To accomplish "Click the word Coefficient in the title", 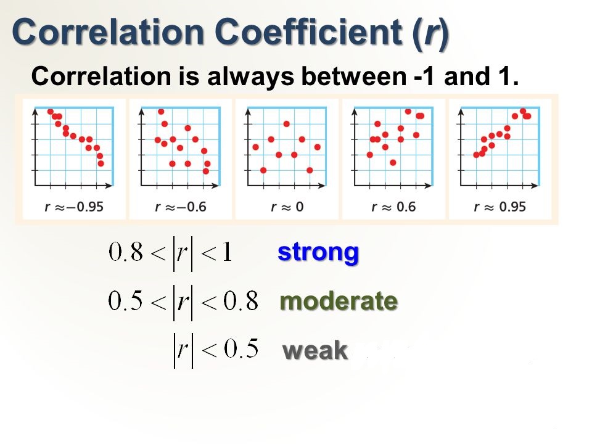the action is coord(310,31).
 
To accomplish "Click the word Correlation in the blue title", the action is coord(108,31).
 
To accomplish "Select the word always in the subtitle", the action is coord(250,77).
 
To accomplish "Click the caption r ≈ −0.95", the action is coord(74,207).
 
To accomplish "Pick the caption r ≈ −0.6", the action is coord(181,207).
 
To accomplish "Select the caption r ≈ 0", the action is coord(287,207).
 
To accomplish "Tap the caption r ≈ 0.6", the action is coord(393,207).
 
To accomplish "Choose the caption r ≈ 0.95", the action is coord(500,207).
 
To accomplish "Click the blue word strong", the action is coord(318,253).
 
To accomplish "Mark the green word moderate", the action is coord(339,301).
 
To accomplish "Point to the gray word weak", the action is coord(315,350).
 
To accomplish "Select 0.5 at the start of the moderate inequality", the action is coord(125,301).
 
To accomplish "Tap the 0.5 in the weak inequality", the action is coord(241,348).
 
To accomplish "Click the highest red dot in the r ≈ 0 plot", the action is coord(287,124).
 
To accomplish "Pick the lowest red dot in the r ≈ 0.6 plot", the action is coord(393,162).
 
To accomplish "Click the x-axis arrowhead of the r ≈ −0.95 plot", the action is coord(109,186).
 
